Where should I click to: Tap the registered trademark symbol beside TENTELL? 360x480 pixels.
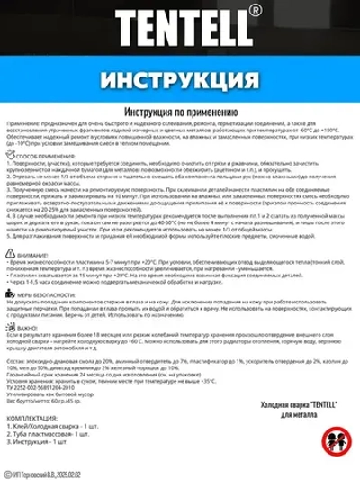257,12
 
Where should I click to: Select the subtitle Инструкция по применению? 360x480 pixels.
179,111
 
